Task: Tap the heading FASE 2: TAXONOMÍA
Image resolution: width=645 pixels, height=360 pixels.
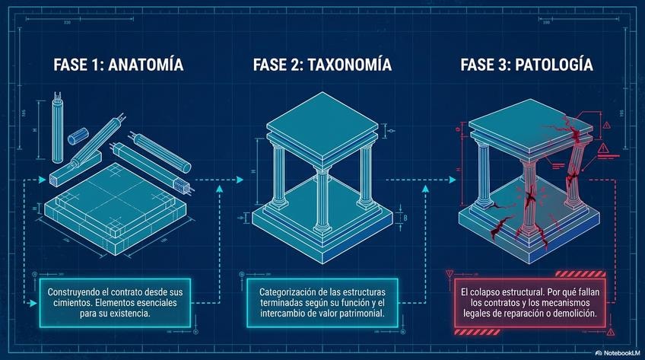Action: (322, 65)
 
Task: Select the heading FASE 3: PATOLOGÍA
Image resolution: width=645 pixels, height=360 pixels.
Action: (526, 65)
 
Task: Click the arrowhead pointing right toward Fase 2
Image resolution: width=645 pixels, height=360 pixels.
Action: (221, 186)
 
